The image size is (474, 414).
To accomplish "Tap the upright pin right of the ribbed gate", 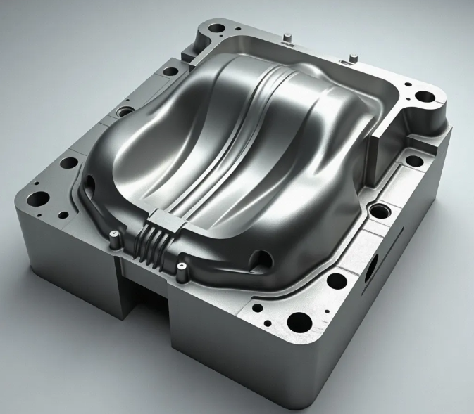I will [182, 267].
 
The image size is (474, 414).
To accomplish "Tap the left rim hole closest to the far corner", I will [170, 71].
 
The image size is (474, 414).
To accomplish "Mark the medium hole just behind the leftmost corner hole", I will [68, 163].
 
